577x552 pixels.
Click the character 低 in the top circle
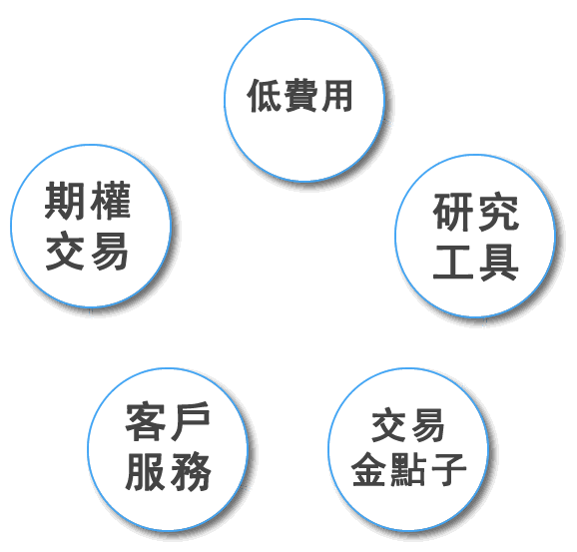[x=265, y=96]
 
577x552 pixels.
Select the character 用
[x=336, y=96]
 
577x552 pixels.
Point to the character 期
[x=65, y=201]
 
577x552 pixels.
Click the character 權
[x=111, y=201]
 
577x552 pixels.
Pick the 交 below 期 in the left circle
[x=65, y=251]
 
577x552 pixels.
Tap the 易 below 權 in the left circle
[x=110, y=252]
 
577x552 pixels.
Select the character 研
[x=453, y=212]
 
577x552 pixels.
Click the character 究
[x=499, y=212]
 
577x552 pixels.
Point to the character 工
[x=453, y=262]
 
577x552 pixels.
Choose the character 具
[x=499, y=262]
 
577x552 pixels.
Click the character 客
[x=145, y=421]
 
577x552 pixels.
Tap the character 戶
[x=191, y=421]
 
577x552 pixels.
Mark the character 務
[x=191, y=472]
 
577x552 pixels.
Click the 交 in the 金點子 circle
[x=389, y=425]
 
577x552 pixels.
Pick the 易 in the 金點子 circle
[x=427, y=426]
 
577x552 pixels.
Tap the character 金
[x=369, y=469]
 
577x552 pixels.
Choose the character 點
[x=408, y=469]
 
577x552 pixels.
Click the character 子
[x=448, y=469]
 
